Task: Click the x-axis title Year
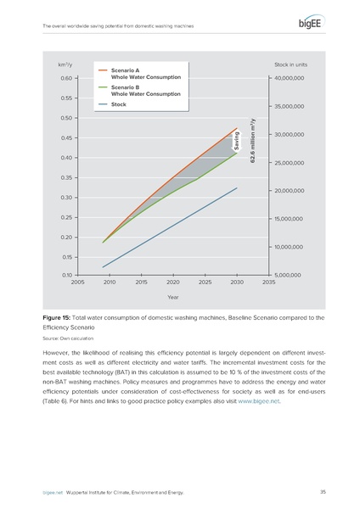coord(173,298)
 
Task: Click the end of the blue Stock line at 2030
coord(237,187)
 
